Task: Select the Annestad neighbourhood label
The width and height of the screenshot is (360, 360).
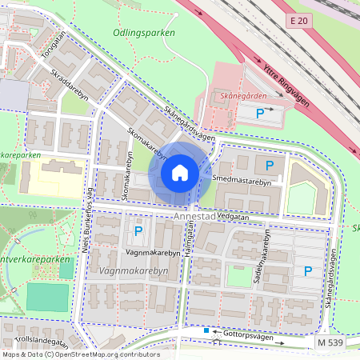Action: pos(194,216)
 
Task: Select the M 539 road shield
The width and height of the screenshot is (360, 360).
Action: pos(330,342)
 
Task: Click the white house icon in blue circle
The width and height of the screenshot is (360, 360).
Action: pos(179,173)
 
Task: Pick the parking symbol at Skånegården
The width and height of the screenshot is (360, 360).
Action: pos(259,114)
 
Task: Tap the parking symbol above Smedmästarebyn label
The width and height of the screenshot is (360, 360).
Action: pos(270,166)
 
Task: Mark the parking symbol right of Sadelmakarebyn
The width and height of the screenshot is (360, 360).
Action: pos(308,271)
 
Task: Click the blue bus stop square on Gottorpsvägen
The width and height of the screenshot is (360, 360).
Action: pos(206,330)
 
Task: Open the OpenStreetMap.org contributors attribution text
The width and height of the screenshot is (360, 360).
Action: pos(116,354)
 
